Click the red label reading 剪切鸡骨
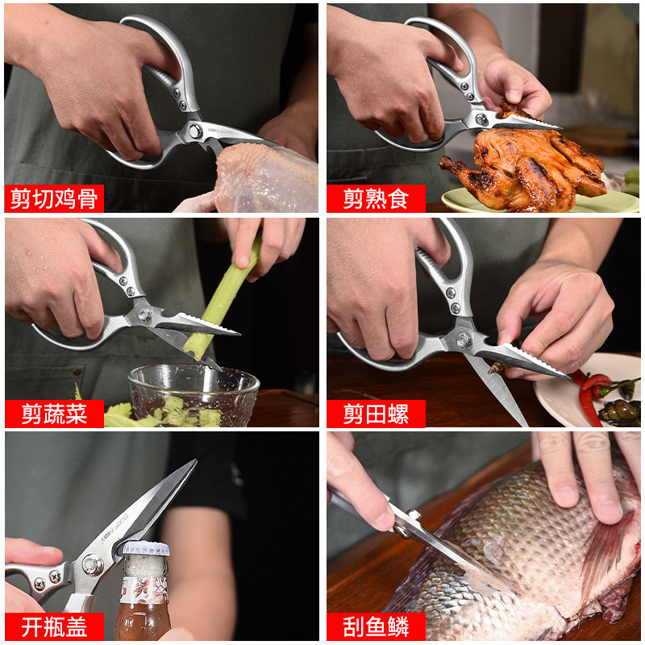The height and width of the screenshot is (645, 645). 53,198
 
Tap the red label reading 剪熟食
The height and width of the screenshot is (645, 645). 376,198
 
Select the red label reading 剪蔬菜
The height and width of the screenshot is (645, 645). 53,414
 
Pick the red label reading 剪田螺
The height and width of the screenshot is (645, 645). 376,414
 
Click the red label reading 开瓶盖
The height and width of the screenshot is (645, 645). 53,626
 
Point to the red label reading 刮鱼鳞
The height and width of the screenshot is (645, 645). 376,626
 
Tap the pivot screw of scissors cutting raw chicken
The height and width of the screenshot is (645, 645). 194,131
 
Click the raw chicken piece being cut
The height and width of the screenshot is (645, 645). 266,177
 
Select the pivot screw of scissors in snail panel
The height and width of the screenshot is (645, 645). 464,339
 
